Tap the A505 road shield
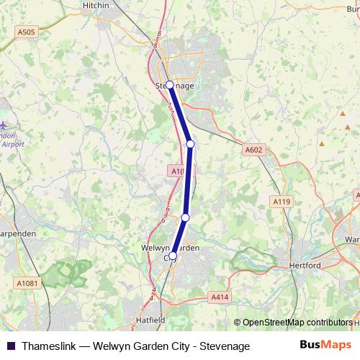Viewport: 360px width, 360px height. click(x=27, y=32)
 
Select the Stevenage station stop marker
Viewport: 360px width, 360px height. click(x=170, y=84)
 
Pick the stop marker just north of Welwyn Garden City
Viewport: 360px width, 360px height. click(x=185, y=217)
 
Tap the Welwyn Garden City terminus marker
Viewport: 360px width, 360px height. click(x=173, y=255)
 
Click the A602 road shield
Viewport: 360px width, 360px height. click(x=253, y=150)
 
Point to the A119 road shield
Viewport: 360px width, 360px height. click(x=282, y=202)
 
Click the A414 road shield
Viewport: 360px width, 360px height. click(x=220, y=297)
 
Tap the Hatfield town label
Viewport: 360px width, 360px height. click(x=151, y=319)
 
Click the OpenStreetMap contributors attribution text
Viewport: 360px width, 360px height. click(x=296, y=323)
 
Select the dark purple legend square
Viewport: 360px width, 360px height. click(x=10, y=346)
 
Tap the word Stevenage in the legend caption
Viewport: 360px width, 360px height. click(x=223, y=346)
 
